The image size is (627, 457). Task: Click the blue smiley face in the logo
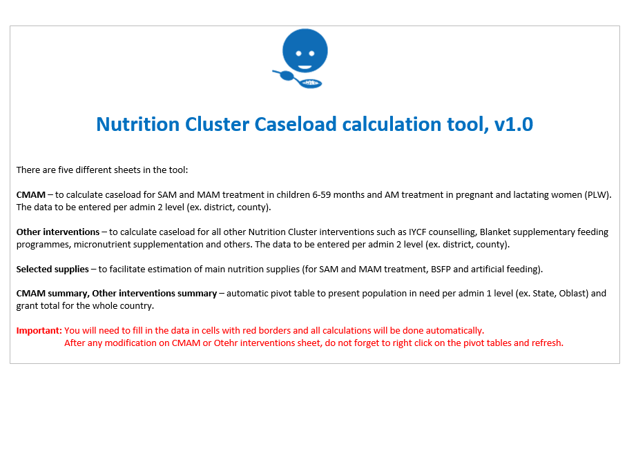click(x=305, y=50)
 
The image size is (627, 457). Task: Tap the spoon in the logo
click(x=285, y=75)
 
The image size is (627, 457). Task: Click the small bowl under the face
click(x=311, y=83)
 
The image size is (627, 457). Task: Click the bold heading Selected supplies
click(x=52, y=269)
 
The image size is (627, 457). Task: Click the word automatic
click(x=247, y=293)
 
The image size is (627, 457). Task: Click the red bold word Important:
click(x=39, y=330)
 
